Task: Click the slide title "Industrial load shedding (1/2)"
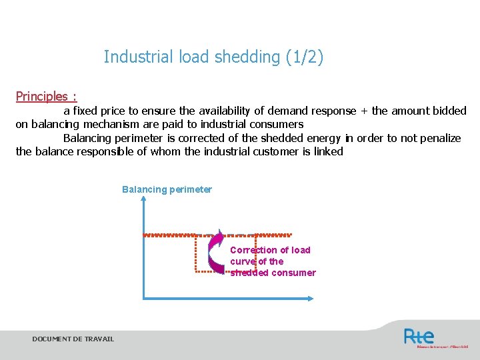(213, 57)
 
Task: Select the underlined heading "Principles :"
(46, 97)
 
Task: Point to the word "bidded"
(449, 111)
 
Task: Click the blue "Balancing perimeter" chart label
(167, 189)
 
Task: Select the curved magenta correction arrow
(215, 252)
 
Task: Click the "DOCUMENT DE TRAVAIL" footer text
(73, 339)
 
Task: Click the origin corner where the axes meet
(144, 299)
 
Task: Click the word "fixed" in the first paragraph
(85, 111)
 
